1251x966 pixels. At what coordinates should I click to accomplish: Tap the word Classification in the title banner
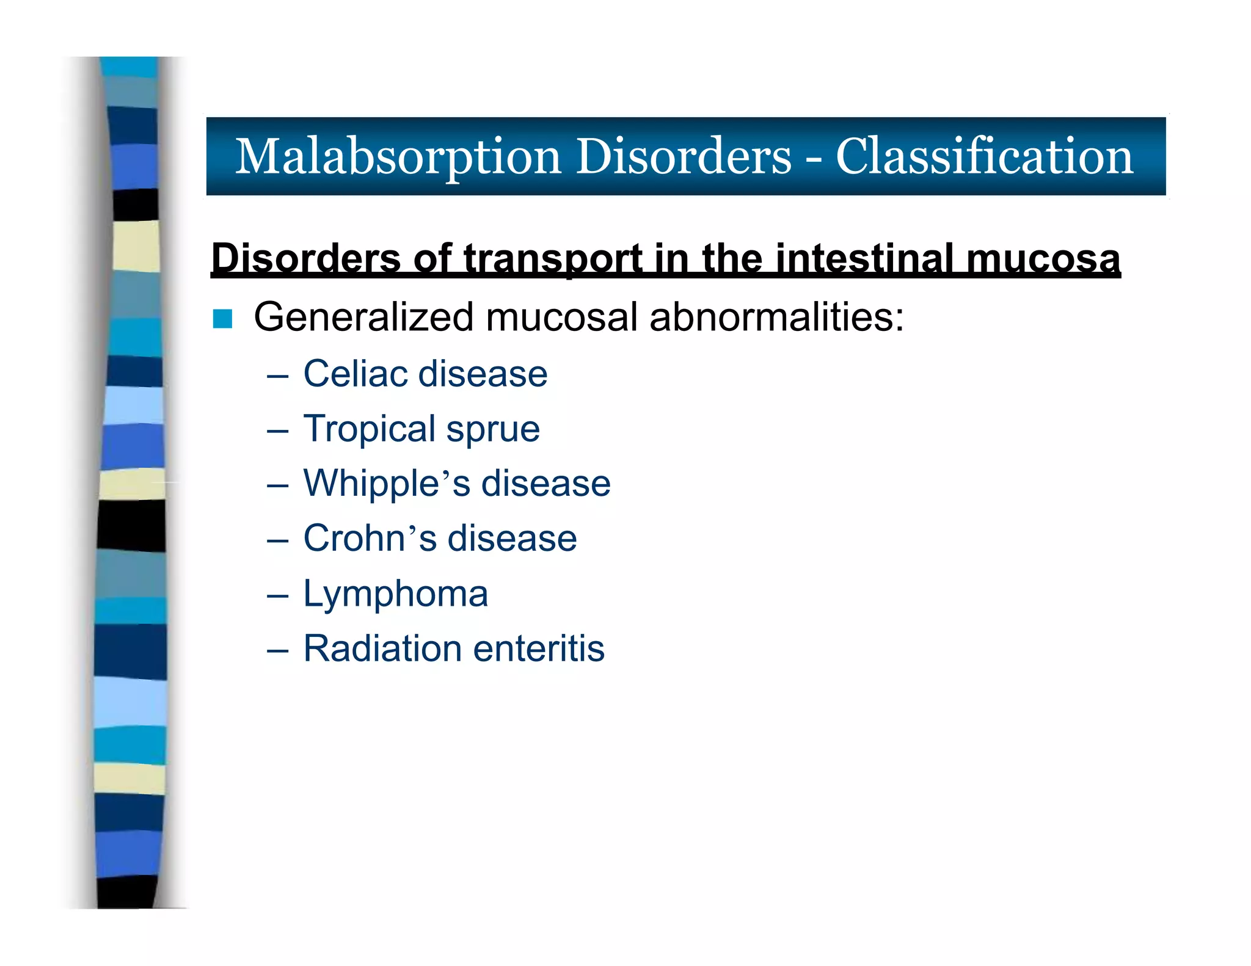pos(984,157)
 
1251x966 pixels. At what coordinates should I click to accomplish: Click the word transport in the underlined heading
pos(552,258)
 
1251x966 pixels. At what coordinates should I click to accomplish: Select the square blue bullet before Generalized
pos(223,319)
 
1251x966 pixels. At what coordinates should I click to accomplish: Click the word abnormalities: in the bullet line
pos(776,318)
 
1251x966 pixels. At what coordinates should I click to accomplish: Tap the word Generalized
pos(363,318)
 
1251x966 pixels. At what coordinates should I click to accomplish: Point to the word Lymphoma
pos(396,594)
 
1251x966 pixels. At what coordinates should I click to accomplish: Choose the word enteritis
pos(539,648)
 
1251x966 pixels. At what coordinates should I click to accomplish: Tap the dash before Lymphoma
pos(277,595)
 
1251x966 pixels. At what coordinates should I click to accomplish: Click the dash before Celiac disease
pos(277,376)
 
